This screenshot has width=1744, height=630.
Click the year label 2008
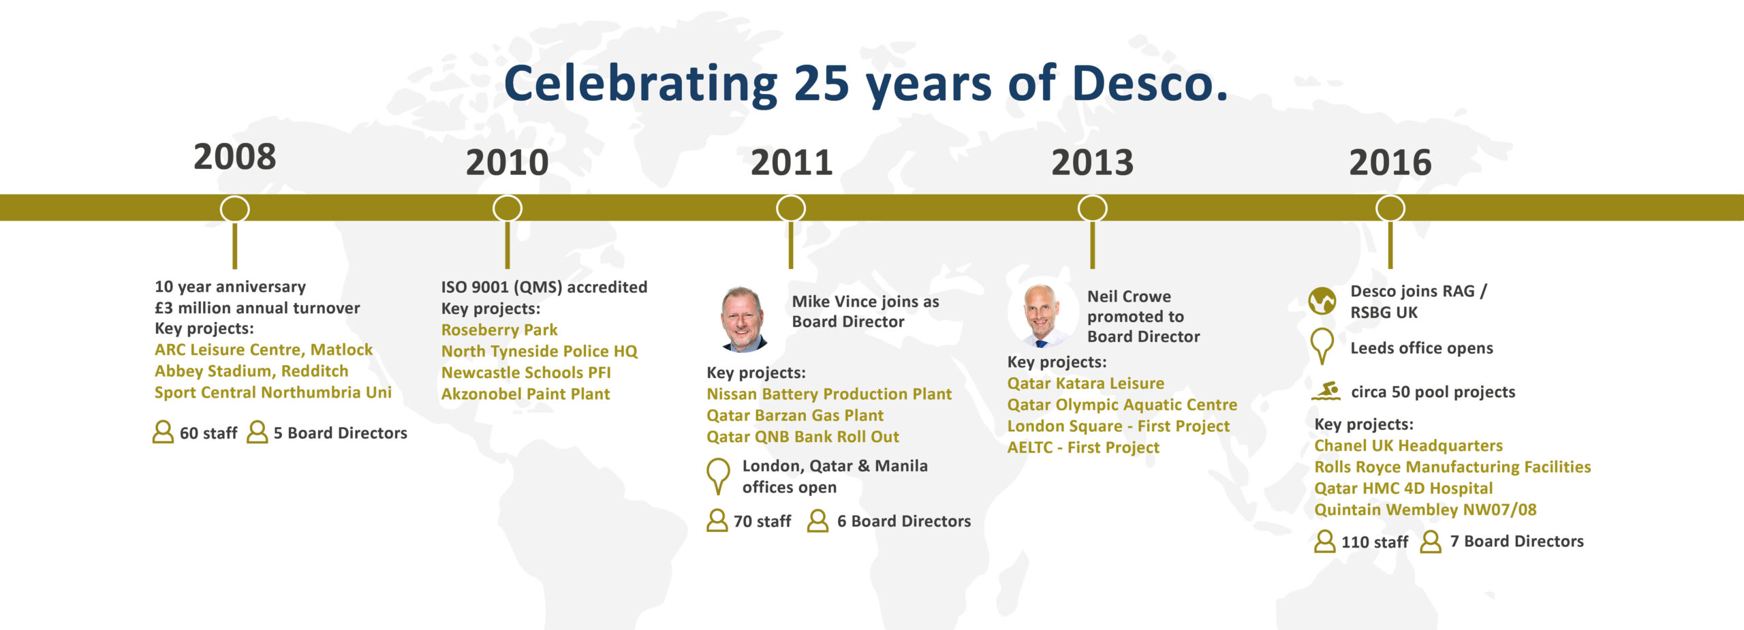(x=234, y=157)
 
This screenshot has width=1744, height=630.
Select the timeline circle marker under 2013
(x=1092, y=208)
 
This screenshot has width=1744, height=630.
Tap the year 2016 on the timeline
(x=1390, y=163)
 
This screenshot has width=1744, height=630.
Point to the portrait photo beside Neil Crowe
(x=1040, y=315)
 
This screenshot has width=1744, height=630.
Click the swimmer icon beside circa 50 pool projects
(x=1326, y=391)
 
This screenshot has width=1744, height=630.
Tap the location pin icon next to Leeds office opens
(x=1322, y=345)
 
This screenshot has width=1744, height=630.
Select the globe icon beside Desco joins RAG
(x=1322, y=300)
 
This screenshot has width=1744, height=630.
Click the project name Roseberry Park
(x=499, y=330)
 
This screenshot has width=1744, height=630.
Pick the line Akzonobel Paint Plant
(x=525, y=394)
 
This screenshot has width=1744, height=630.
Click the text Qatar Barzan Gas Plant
(x=794, y=415)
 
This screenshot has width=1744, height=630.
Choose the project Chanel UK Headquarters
(x=1408, y=445)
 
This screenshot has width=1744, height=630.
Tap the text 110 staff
(x=1374, y=542)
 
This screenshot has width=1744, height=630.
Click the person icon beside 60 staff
(x=163, y=432)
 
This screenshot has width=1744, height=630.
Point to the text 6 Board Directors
(x=903, y=521)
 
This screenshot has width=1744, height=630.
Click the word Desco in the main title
(x=1149, y=84)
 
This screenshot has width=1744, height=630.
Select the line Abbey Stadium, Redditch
(x=251, y=371)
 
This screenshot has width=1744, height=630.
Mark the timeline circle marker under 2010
(x=508, y=208)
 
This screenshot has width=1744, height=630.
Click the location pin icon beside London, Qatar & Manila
(x=718, y=475)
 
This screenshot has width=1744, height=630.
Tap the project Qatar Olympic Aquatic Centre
(x=1122, y=405)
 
